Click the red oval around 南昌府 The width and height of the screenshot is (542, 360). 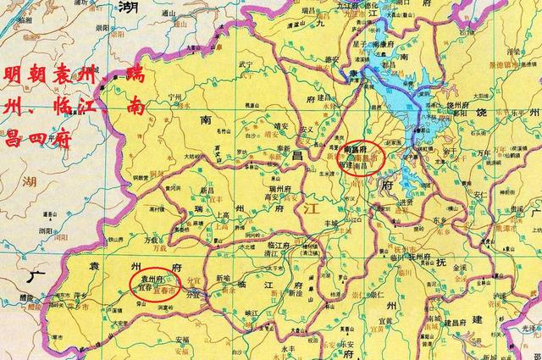pos(364,158)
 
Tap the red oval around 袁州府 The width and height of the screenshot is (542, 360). pos(154,283)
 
